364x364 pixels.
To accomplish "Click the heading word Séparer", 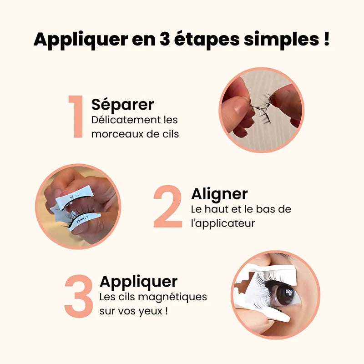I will click(122, 105).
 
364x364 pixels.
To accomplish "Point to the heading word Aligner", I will click(219, 194).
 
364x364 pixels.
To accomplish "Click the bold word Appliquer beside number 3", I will click(138, 282).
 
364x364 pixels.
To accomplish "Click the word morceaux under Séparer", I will click(115, 135).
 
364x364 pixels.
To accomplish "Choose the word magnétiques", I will click(177, 297).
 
